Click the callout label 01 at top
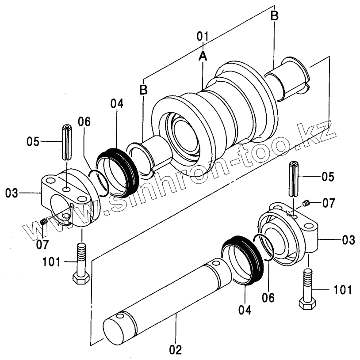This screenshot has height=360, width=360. pyautogui.click(x=203, y=36)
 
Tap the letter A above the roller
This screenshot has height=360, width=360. pyautogui.click(x=203, y=56)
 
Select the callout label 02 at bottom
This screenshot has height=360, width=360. pyautogui.click(x=176, y=350)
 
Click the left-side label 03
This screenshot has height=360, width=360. pyautogui.click(x=11, y=193)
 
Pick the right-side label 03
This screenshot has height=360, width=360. pyautogui.click(x=349, y=240)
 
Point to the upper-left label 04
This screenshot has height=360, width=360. pyautogui.click(x=117, y=103)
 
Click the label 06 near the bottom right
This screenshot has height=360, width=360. pyautogui.click(x=268, y=298)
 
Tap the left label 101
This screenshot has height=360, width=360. pyautogui.click(x=51, y=262)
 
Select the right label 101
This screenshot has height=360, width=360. pyautogui.click(x=342, y=290)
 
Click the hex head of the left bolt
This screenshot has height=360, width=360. pyautogui.click(x=81, y=278)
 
